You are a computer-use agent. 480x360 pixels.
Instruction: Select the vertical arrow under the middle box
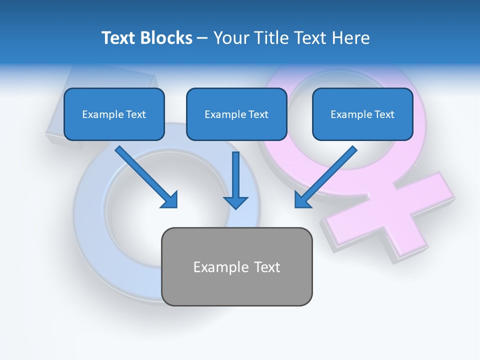pyautogui.click(x=235, y=177)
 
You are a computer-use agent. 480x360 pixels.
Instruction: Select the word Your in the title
pyautogui.click(x=230, y=37)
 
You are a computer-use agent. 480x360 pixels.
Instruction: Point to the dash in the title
pyautogui.click(x=202, y=38)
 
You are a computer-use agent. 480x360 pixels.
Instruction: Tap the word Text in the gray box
pyautogui.click(x=267, y=267)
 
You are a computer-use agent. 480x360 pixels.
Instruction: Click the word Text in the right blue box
pyautogui.click(x=384, y=114)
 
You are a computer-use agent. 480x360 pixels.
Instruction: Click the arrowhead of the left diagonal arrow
pyautogui.click(x=170, y=200)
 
